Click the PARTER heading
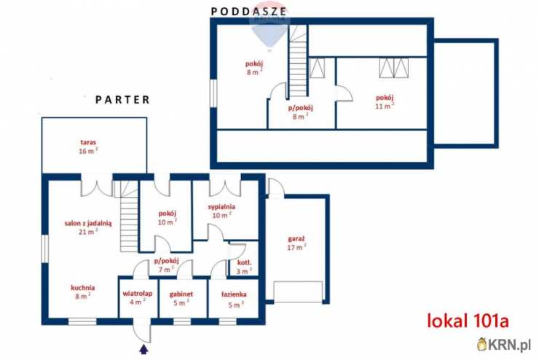click(x=123, y=99)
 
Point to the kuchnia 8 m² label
click(x=82, y=291)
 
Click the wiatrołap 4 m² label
click(x=136, y=299)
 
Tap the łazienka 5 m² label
click(x=234, y=299)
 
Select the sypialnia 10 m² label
click(x=221, y=210)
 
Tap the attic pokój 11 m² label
click(x=385, y=101)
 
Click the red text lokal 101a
click(x=466, y=320)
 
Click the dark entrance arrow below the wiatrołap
click(x=143, y=350)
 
